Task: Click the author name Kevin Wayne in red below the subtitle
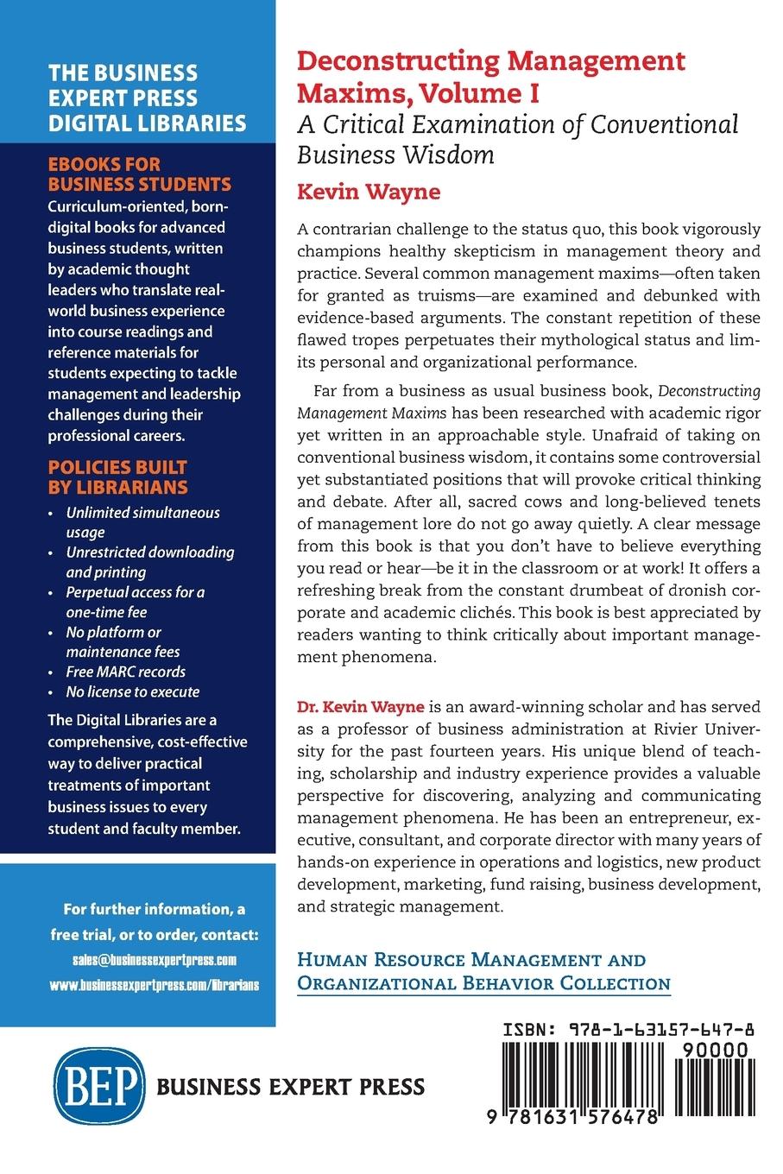coord(369,191)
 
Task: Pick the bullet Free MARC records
coord(126,672)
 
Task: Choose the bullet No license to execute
coord(133,691)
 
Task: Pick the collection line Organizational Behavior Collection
coord(483,983)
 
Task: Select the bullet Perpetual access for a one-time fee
coord(136,602)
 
